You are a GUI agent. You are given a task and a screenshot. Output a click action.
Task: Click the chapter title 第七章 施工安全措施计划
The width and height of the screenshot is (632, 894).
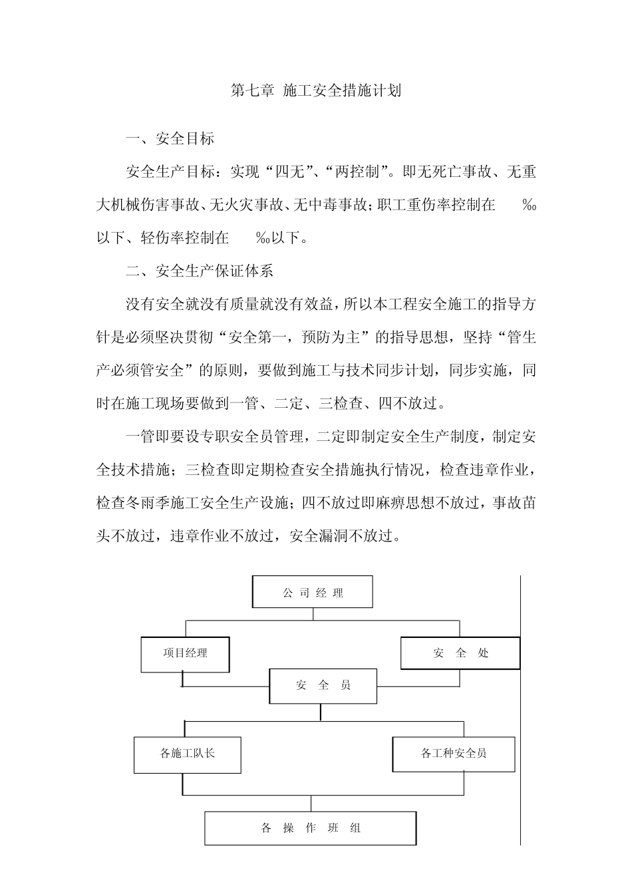pos(315,90)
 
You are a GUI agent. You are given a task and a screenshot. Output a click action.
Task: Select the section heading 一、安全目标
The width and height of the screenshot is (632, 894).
pos(170,139)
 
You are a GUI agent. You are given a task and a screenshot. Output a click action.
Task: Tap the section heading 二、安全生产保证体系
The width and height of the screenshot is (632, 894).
pos(199,271)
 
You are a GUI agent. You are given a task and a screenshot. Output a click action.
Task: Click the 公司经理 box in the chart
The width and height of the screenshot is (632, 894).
pos(312,593)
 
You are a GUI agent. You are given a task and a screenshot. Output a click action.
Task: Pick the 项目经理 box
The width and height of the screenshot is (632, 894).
pos(185,653)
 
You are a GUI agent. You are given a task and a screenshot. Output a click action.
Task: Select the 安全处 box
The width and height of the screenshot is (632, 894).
pos(460,653)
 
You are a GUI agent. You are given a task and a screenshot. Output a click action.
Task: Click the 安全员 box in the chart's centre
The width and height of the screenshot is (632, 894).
pos(323,686)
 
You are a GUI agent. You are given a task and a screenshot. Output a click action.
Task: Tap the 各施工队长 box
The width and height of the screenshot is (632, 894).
pos(187,754)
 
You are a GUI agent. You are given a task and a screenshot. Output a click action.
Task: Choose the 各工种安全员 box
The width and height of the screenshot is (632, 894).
pos(454,754)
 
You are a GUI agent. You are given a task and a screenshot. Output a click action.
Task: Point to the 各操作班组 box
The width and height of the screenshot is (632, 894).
pos(310,828)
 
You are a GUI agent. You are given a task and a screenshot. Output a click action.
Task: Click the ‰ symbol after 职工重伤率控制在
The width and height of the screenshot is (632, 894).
pos(529,206)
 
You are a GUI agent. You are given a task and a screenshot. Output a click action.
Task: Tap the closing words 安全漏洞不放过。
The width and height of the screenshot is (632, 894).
pos(345,536)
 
